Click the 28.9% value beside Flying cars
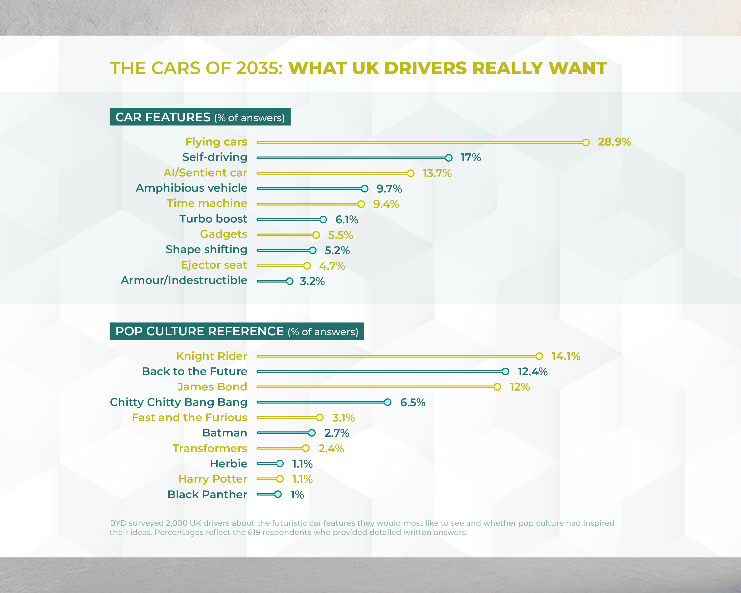click(614, 142)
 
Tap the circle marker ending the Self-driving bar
click(449, 158)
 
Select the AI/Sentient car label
click(205, 173)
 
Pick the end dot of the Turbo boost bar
click(323, 220)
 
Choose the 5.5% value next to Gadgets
click(340, 235)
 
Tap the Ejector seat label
click(214, 265)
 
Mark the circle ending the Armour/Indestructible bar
click(290, 281)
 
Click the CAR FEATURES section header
click(200, 117)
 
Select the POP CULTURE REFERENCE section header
click(237, 331)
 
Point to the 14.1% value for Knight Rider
click(566, 356)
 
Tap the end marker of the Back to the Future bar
click(505, 372)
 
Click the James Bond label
click(212, 387)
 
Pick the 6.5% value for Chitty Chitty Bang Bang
click(413, 402)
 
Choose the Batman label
click(225, 433)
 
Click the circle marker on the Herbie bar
click(280, 464)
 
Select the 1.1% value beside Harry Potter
click(302, 479)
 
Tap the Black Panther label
click(207, 495)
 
